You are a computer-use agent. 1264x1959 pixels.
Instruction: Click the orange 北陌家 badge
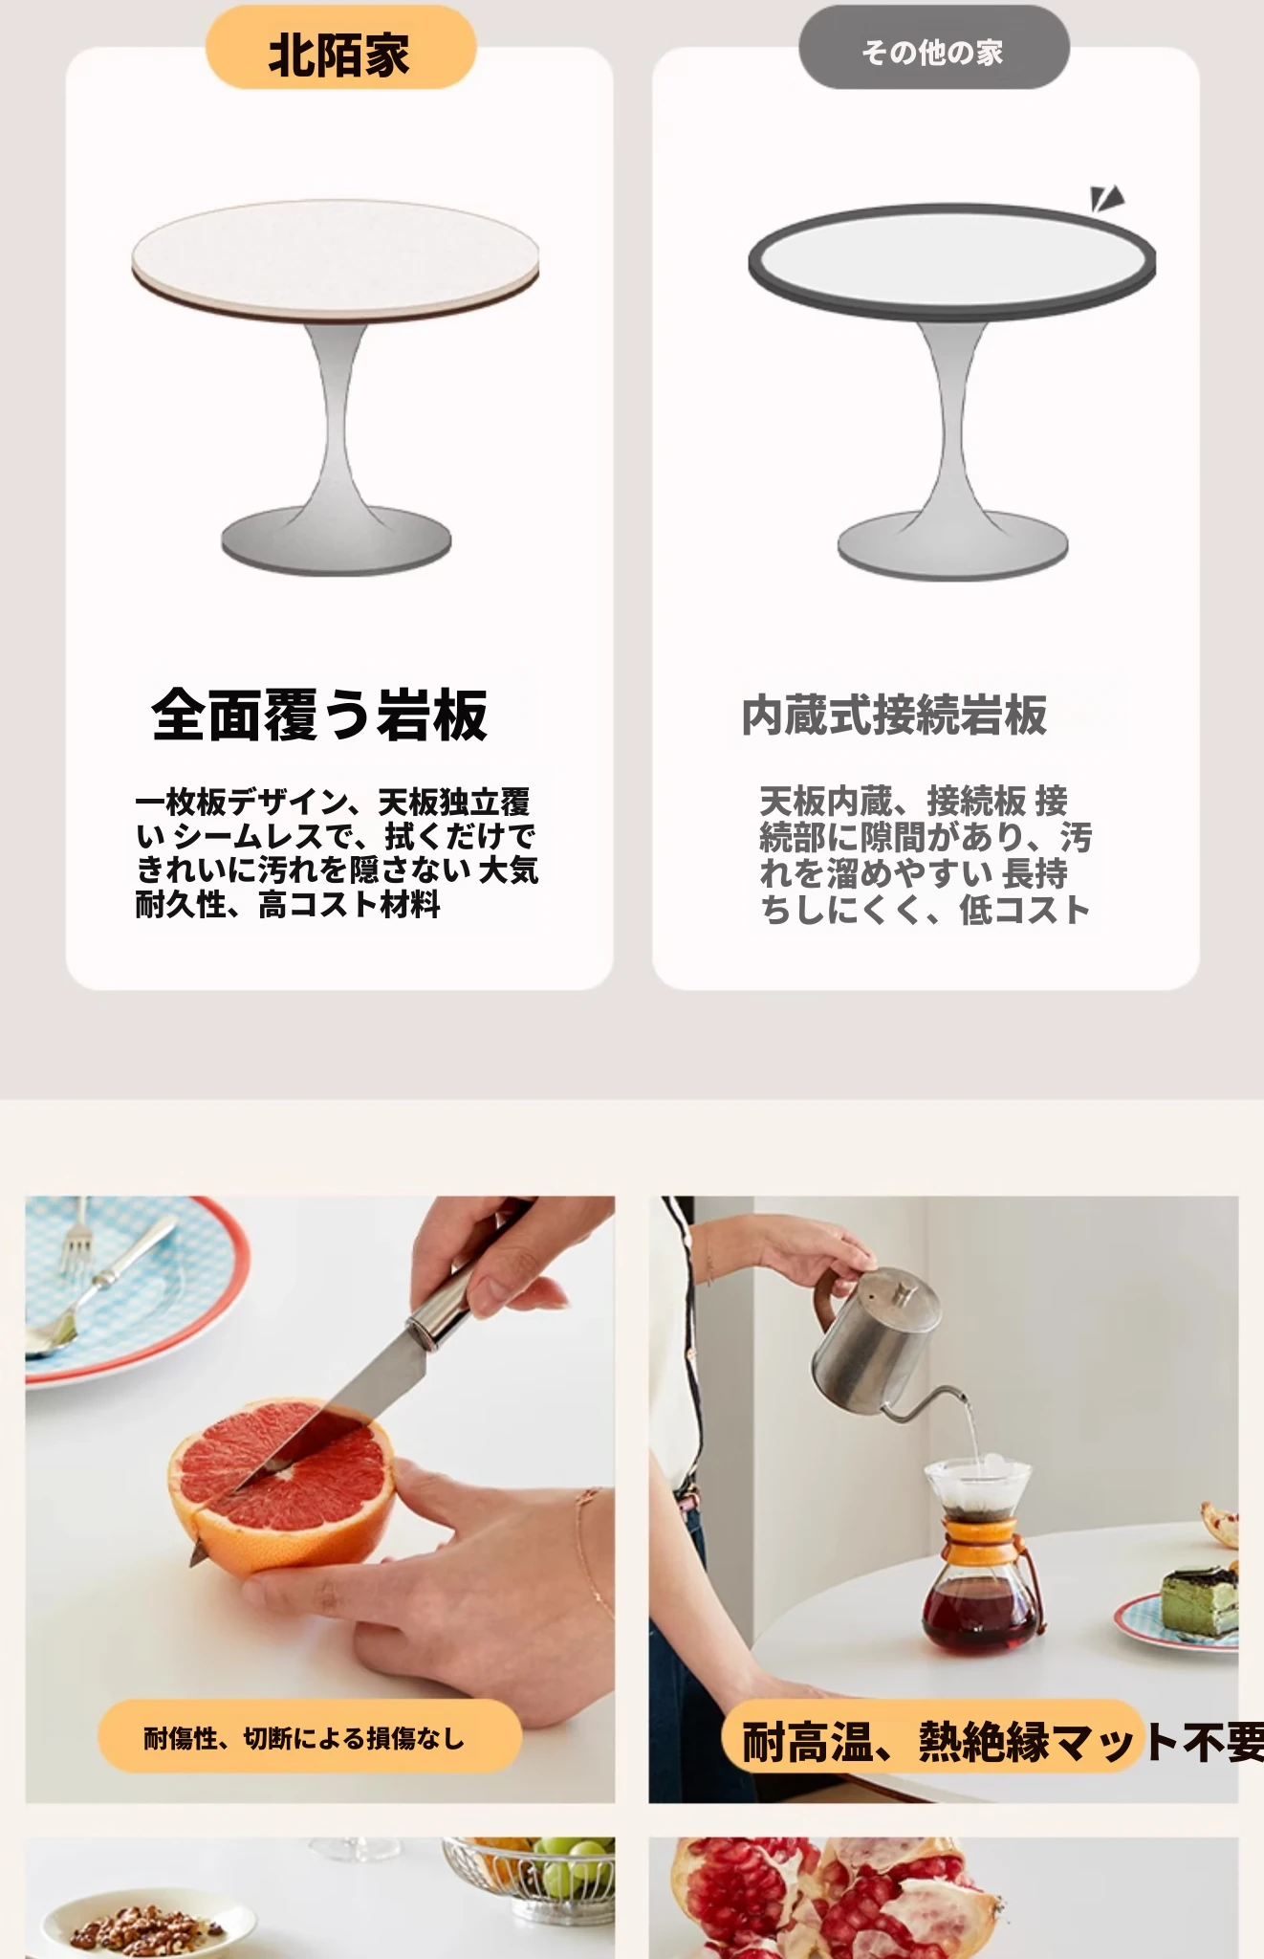point(340,48)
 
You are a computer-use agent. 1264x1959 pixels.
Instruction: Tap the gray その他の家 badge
point(933,48)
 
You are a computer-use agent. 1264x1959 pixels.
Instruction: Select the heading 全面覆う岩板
point(319,715)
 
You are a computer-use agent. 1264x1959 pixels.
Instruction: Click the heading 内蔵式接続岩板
point(894,715)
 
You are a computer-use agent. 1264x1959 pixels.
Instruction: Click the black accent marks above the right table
point(1106,198)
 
